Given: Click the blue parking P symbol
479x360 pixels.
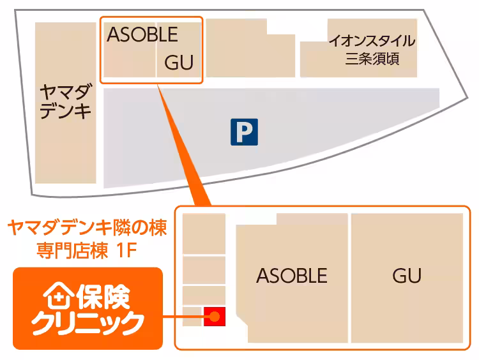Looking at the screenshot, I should click(x=244, y=132).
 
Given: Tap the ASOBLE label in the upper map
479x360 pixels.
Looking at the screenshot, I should click(x=142, y=34).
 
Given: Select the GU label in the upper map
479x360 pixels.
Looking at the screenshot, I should click(x=179, y=63).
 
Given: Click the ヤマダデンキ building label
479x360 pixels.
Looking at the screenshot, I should click(x=66, y=101).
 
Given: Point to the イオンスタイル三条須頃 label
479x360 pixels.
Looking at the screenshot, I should click(x=372, y=50).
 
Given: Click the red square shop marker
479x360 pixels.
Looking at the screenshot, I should click(x=215, y=316).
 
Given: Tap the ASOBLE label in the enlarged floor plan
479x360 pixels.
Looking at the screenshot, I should click(x=292, y=276).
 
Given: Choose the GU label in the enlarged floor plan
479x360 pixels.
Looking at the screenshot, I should click(x=407, y=276).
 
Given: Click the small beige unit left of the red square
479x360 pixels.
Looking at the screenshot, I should click(x=192, y=316).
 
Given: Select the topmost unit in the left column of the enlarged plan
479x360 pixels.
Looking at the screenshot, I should click(x=204, y=234).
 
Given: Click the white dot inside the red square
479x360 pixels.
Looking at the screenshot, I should click(x=215, y=316).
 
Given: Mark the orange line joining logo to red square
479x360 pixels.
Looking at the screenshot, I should click(x=183, y=316).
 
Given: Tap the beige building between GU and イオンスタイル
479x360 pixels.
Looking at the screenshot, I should click(x=249, y=48).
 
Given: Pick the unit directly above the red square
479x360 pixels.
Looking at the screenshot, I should click(x=204, y=294).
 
